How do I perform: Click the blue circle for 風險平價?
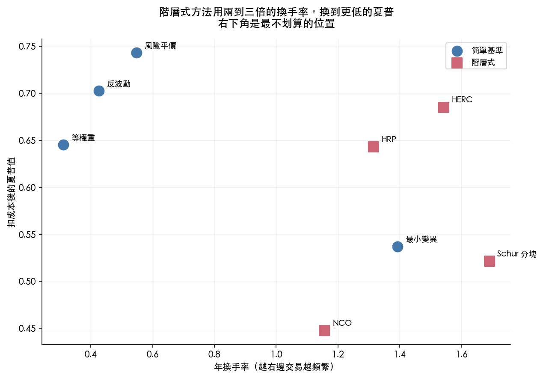(137, 53)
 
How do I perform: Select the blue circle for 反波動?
(99, 91)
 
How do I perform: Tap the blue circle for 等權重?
(63, 145)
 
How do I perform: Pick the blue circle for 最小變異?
(398, 247)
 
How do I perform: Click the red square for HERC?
(444, 107)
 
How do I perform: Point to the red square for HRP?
(374, 147)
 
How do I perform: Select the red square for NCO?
(324, 330)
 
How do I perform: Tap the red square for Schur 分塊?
(490, 261)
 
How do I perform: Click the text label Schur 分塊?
(516, 254)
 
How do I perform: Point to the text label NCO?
(342, 323)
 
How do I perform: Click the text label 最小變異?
(421, 239)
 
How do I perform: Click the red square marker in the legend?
(457, 63)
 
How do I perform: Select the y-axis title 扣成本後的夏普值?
(11, 192)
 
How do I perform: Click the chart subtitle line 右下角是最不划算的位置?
(276, 24)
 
